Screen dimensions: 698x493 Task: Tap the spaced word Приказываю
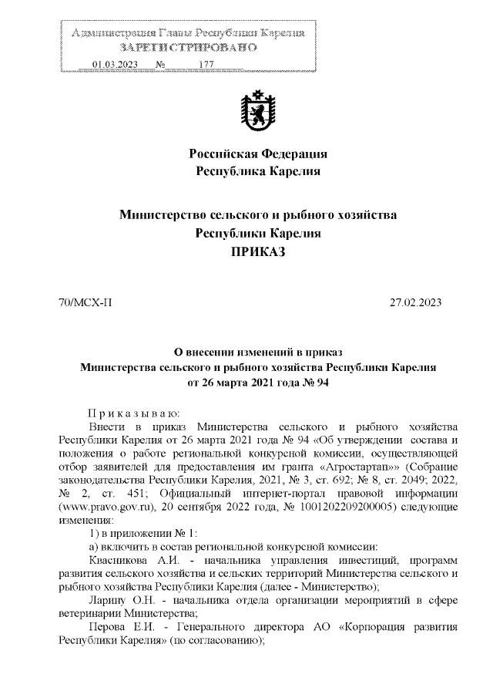pos(133,413)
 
